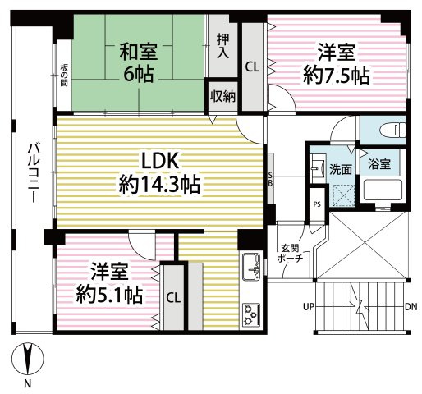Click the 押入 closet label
(223, 46)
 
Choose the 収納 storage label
(222, 96)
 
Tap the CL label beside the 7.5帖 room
(252, 68)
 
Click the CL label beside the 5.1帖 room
(173, 297)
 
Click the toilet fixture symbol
(392, 129)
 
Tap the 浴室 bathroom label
(378, 164)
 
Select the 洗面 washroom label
(342, 169)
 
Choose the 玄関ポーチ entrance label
(291, 252)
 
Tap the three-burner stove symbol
(250, 314)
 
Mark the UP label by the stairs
(309, 308)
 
